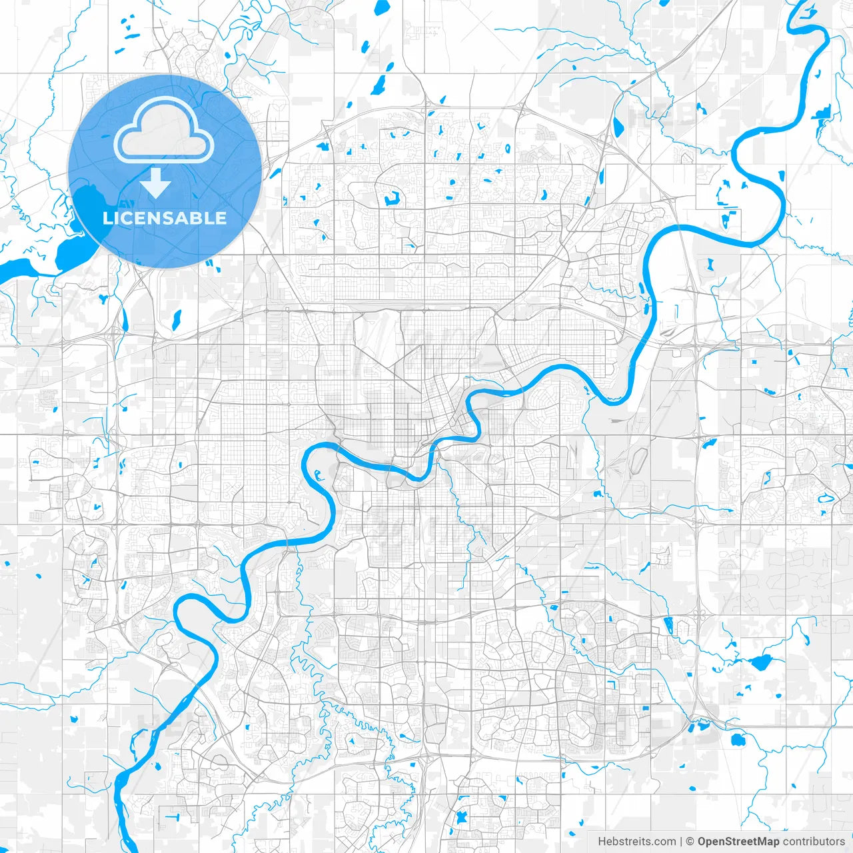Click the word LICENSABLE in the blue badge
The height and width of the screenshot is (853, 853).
point(165,218)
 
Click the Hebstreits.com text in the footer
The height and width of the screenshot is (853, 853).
point(636,842)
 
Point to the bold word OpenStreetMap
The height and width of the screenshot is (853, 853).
point(738,842)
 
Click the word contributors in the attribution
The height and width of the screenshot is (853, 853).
point(813,842)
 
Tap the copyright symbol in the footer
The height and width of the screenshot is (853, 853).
point(690,842)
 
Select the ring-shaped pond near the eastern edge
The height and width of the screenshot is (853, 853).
point(826,498)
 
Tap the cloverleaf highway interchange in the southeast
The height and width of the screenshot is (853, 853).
point(696,720)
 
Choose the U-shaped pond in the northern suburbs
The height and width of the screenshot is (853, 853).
point(391,198)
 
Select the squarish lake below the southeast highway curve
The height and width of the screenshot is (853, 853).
point(737,740)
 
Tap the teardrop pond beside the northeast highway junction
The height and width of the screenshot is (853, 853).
point(617,126)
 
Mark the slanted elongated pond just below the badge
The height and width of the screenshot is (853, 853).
point(177,319)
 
